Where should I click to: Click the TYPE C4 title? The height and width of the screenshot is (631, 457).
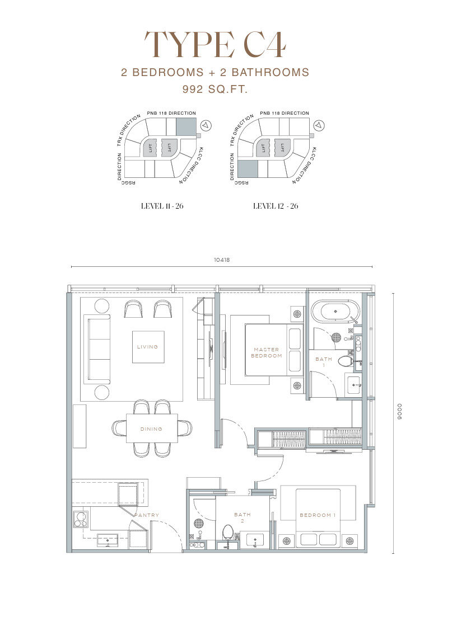click(x=215, y=44)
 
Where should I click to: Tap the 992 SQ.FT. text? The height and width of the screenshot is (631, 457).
click(x=215, y=90)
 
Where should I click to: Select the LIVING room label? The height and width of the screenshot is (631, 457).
click(x=147, y=346)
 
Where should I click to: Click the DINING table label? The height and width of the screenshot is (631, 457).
click(x=151, y=429)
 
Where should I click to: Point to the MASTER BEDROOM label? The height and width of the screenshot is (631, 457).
click(x=267, y=352)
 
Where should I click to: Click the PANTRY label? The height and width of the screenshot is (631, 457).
click(x=147, y=515)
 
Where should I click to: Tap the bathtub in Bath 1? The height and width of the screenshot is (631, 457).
click(x=335, y=311)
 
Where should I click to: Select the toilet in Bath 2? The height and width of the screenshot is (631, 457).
click(x=228, y=532)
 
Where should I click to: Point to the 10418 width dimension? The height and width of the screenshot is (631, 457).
click(x=222, y=260)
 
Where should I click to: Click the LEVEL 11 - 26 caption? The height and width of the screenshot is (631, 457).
click(x=162, y=206)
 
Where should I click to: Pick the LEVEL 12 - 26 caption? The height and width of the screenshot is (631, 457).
click(x=276, y=206)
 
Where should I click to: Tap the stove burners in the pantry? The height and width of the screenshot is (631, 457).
click(x=81, y=520)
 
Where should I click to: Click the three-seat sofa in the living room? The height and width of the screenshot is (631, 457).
click(x=97, y=349)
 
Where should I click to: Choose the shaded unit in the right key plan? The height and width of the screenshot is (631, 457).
click(x=248, y=168)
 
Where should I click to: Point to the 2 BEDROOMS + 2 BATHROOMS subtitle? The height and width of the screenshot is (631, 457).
click(x=215, y=72)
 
